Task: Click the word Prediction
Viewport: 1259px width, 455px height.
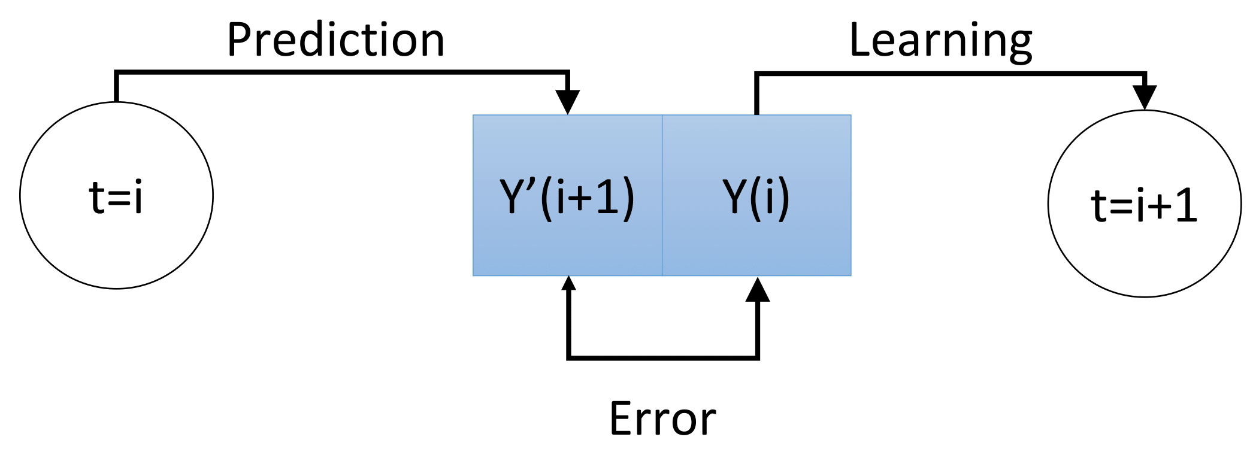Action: click(335, 40)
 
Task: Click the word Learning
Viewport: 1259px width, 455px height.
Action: click(940, 41)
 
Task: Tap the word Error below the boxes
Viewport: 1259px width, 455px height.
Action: click(662, 418)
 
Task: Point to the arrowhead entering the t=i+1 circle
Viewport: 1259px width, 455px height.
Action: click(1145, 97)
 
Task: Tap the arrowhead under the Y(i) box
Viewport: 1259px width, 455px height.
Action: click(758, 290)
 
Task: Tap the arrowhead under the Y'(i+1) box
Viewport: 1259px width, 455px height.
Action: click(568, 283)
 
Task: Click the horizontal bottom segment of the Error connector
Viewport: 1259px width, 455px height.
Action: click(662, 357)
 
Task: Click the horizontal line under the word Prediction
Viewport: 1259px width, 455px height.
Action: click(341, 72)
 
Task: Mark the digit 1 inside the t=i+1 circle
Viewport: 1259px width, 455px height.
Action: click(1185, 205)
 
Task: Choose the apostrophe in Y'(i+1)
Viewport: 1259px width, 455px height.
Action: click(531, 183)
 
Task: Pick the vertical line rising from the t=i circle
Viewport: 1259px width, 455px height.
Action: click(117, 87)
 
